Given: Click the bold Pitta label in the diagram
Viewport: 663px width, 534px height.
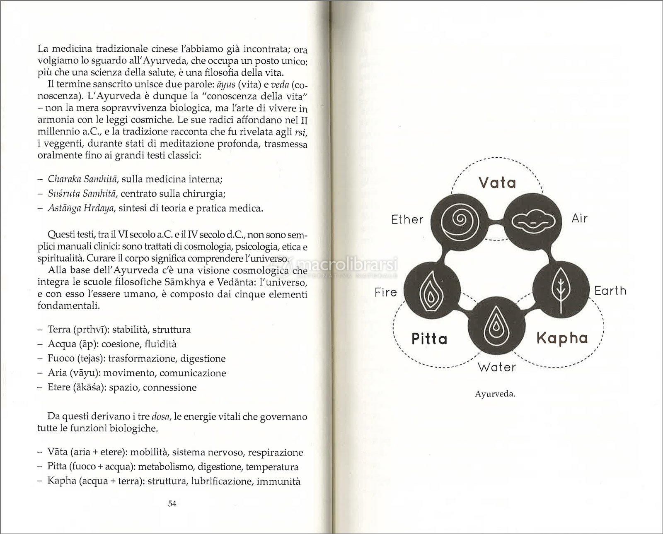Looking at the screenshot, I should point(429,339).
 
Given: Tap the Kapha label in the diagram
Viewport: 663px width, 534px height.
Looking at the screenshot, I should point(562,338).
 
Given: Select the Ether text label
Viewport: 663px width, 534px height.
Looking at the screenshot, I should point(407,219).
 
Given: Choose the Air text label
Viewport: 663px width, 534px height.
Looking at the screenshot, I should point(579,218).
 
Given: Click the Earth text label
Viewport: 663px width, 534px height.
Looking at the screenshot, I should point(610,291).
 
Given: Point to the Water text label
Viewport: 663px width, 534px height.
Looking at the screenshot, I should point(496,367).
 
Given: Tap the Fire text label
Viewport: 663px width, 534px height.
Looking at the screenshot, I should point(385,292).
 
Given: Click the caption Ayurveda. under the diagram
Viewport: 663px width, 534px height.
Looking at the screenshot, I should point(495,394).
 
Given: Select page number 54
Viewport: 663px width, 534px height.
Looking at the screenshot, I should point(172,503).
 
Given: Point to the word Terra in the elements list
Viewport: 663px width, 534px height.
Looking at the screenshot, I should point(60,330).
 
